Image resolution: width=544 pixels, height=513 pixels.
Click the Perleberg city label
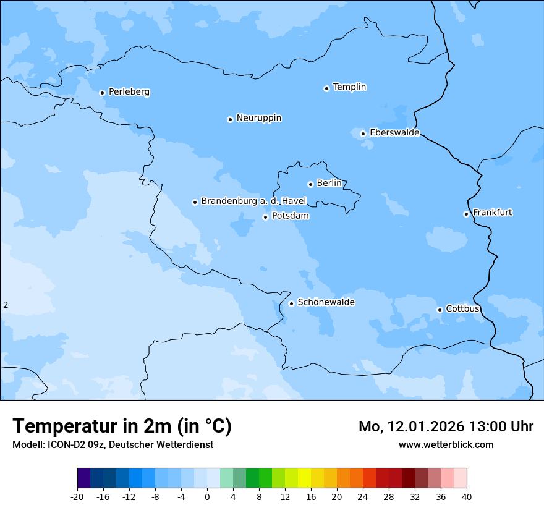(x=129, y=92)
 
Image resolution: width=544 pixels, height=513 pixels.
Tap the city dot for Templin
(x=326, y=88)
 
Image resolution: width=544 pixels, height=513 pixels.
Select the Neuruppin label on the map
(x=258, y=118)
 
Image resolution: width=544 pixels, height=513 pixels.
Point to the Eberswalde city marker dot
(x=363, y=134)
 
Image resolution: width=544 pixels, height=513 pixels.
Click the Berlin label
(x=329, y=184)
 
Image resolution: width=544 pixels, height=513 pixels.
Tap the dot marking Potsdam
(x=265, y=217)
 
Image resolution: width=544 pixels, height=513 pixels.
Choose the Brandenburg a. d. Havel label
(x=253, y=201)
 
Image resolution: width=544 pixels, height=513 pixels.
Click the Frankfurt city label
(x=492, y=213)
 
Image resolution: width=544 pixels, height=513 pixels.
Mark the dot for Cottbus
(x=440, y=310)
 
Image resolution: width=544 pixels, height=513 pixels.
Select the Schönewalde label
(x=326, y=302)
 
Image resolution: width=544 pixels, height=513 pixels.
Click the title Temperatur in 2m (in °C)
(x=122, y=426)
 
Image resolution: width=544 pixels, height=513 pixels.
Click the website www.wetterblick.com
(x=446, y=444)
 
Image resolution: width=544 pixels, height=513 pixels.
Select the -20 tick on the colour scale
(x=77, y=496)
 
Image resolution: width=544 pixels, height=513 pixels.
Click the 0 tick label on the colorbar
(x=207, y=496)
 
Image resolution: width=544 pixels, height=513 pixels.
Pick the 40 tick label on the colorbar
(x=466, y=496)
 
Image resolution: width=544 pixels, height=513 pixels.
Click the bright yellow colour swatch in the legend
(x=304, y=478)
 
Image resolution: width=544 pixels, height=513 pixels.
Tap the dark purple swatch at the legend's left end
(x=83, y=478)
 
